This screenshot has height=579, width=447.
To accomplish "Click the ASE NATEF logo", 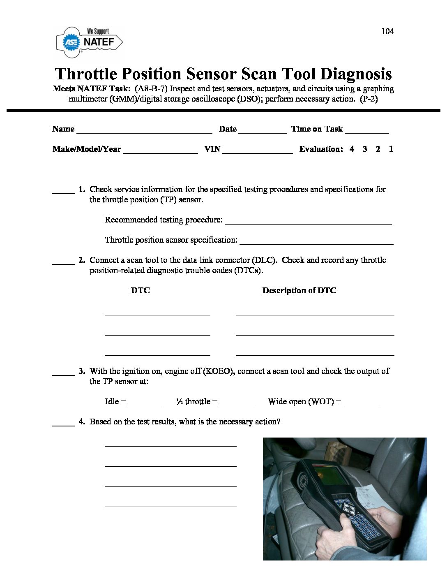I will pos(89,42).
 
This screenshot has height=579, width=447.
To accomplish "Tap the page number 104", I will pos(387,31).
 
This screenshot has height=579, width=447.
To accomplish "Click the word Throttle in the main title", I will pos(85,74).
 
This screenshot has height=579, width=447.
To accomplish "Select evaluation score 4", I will pos(352,149).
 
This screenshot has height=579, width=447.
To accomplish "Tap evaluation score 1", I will pos(391,149).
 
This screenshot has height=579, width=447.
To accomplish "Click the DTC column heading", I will pos(140,290).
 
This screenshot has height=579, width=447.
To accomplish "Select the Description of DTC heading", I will pos(299,290).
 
